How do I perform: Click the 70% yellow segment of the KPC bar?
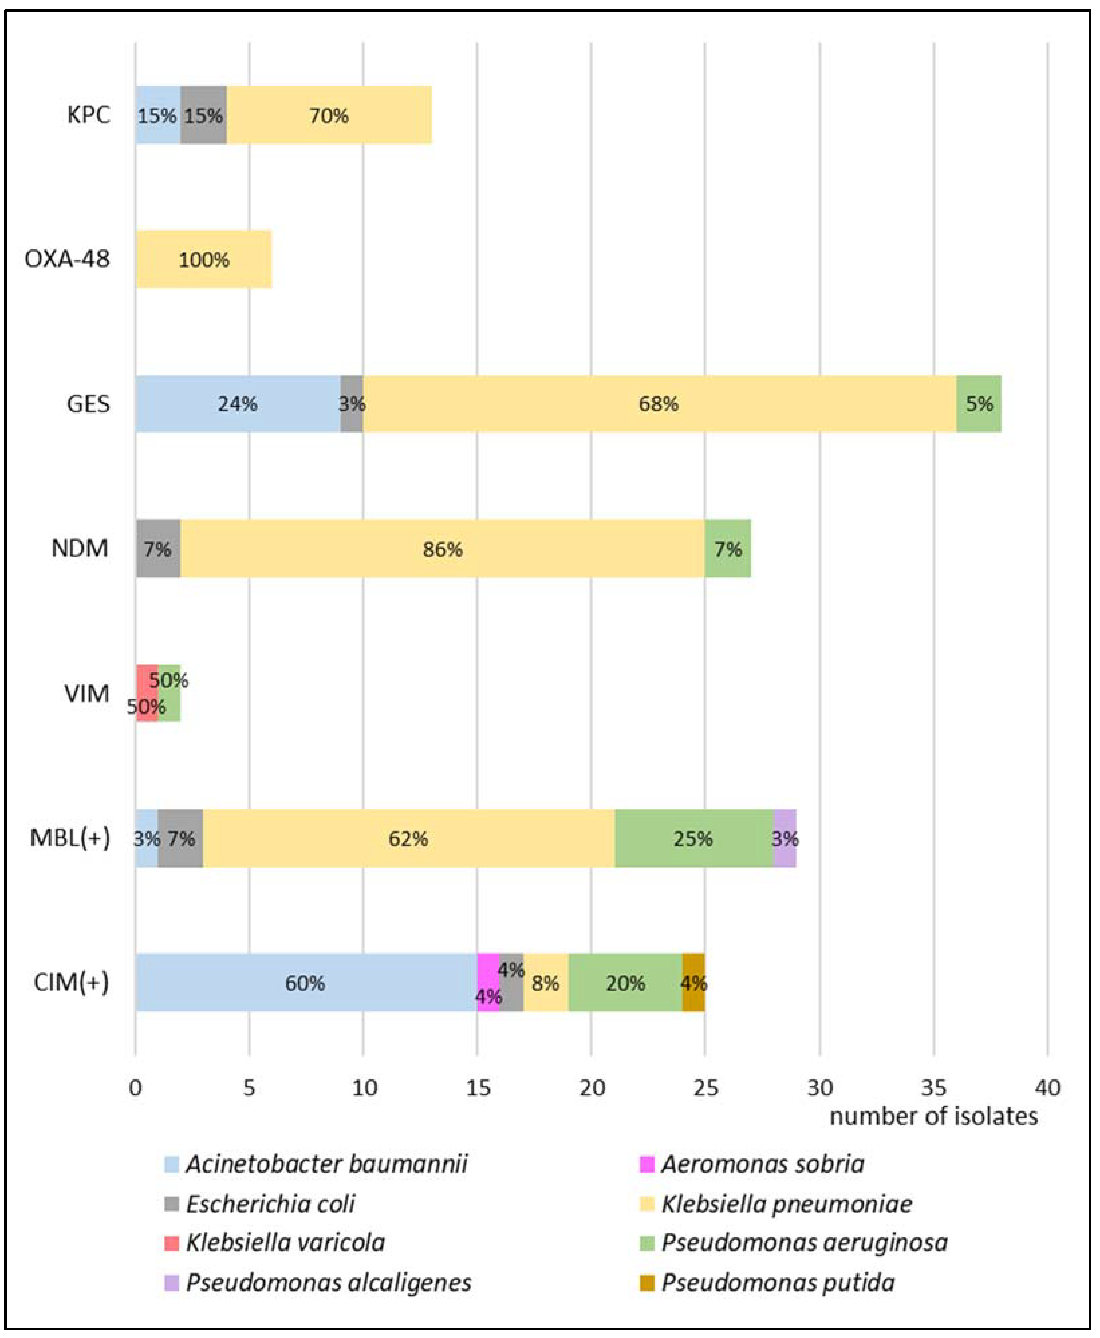point(329,115)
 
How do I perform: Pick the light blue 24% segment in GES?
point(237,404)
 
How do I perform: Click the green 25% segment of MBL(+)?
point(693,838)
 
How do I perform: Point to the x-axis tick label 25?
point(705,1088)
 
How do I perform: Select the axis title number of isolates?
point(933,1116)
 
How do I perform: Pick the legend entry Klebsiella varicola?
point(285,1243)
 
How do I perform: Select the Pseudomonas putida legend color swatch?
point(646,1283)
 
